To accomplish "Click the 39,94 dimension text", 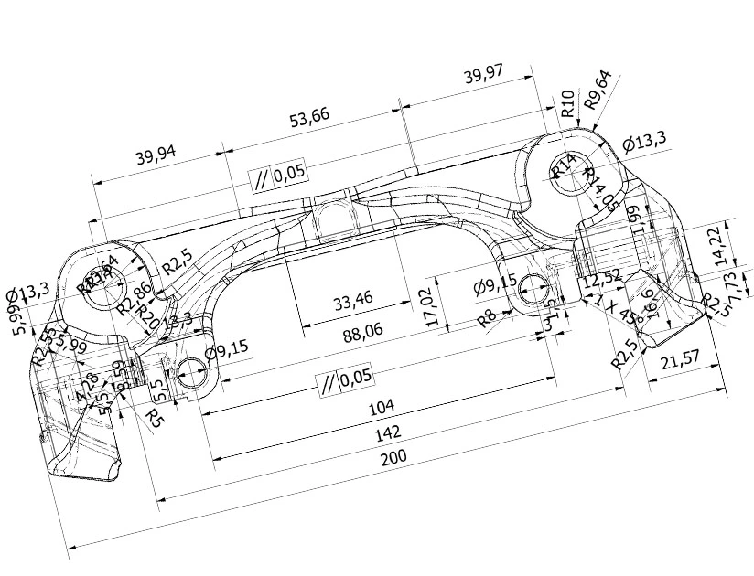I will pyautogui.click(x=156, y=155).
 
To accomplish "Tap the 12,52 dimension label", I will pyautogui.click(x=602, y=275).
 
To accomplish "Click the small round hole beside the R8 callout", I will pyautogui.click(x=532, y=292).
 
